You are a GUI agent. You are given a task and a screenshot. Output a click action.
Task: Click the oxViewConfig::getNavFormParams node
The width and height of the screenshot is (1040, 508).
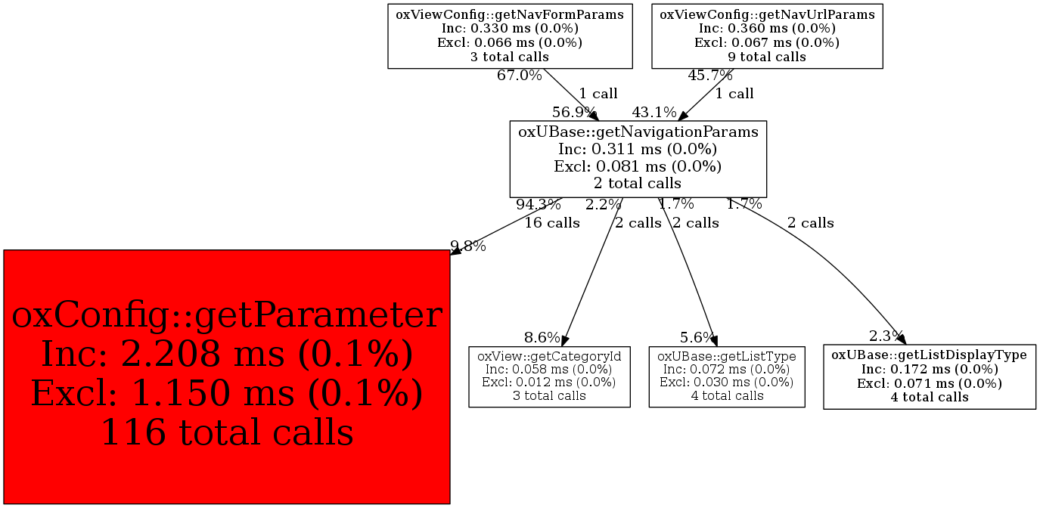(510, 36)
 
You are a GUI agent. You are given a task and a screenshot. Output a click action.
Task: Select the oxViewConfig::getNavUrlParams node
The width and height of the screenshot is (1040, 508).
(767, 36)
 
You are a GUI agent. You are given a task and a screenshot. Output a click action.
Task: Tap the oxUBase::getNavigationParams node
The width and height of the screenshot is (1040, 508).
(638, 158)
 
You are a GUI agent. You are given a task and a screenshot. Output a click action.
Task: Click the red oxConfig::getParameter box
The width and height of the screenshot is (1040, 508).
(227, 376)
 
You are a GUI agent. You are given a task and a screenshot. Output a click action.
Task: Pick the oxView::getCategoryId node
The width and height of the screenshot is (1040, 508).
(549, 376)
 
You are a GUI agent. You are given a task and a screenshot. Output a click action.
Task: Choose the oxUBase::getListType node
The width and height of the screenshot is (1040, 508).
(726, 376)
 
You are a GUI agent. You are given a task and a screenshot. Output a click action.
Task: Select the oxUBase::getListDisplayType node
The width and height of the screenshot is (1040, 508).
(929, 376)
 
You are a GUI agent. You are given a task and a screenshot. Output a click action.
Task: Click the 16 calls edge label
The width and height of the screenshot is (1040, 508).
(552, 223)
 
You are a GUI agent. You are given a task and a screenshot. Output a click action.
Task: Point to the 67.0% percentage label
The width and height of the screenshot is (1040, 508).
(519, 76)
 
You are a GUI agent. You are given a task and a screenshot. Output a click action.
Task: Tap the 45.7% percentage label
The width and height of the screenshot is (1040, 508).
(709, 76)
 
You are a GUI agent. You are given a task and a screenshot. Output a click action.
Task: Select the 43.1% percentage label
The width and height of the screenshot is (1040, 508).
(654, 113)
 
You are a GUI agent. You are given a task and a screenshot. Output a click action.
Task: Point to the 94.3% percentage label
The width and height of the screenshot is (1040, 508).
(538, 204)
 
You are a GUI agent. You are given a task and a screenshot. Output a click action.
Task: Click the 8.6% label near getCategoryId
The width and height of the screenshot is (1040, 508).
(542, 337)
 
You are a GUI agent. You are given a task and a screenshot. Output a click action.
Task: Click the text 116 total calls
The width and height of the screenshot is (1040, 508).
(227, 432)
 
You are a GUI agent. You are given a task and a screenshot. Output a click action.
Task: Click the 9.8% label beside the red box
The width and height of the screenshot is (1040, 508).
(468, 246)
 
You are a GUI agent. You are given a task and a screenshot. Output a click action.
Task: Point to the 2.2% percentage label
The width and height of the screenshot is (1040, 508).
(603, 204)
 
